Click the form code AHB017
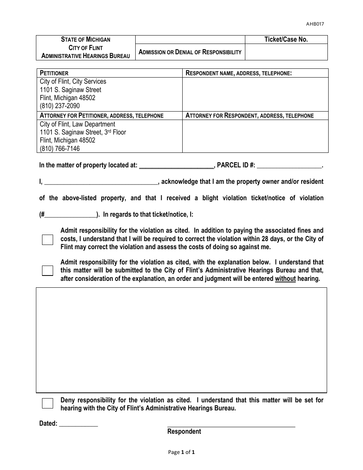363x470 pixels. pos(315,24)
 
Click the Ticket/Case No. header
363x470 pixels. pos(286,39)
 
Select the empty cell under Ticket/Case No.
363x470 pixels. pos(286,52)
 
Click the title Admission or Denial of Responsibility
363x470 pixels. pos(190,52)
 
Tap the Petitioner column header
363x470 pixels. pos(54,73)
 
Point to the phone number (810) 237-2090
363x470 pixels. pos(60,106)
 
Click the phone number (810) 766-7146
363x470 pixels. pos(60,149)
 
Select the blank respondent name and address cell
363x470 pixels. pos(255,94)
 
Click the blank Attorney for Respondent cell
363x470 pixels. pos(255,136)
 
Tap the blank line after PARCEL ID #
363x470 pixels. pos(289,166)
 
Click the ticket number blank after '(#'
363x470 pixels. pos(71,215)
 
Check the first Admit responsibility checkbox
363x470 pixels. pos(47,240)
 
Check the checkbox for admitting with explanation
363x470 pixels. pos(47,271)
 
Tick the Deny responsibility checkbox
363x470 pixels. pos(47,404)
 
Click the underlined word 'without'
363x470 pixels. pos(285,279)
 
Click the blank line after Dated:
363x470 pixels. pos(78,424)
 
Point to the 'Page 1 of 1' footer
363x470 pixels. pos(181,452)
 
